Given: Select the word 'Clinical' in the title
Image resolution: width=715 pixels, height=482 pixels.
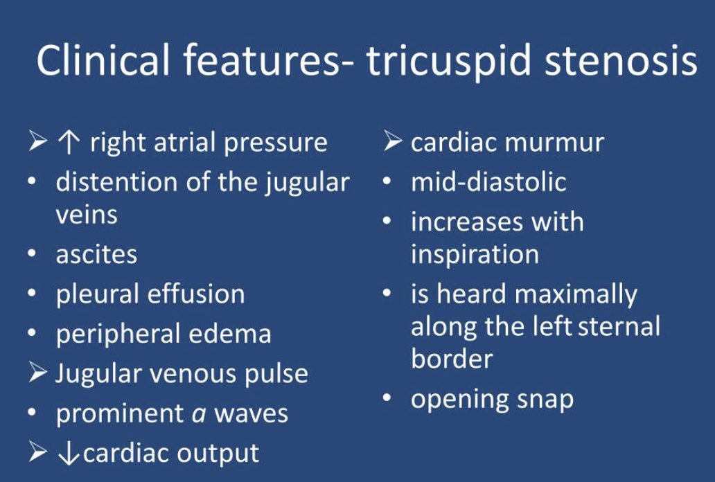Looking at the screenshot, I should pyautogui.click(x=103, y=61).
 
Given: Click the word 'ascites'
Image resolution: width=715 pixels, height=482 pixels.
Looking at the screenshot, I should pyautogui.click(x=96, y=254).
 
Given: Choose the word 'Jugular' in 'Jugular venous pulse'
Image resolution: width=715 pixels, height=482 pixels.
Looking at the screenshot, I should pyautogui.click(x=100, y=374).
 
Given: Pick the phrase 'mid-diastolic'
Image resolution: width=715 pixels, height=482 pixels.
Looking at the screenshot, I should pyautogui.click(x=488, y=182).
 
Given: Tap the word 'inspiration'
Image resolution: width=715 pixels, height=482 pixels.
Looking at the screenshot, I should pyautogui.click(x=475, y=254).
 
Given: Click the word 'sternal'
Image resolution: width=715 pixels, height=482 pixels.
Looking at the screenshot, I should pyautogui.click(x=618, y=326).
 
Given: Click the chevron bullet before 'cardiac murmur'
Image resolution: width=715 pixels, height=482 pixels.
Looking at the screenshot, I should pyautogui.click(x=392, y=143).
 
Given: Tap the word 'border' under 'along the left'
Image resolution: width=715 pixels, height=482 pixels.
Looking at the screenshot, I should pyautogui.click(x=452, y=359).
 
